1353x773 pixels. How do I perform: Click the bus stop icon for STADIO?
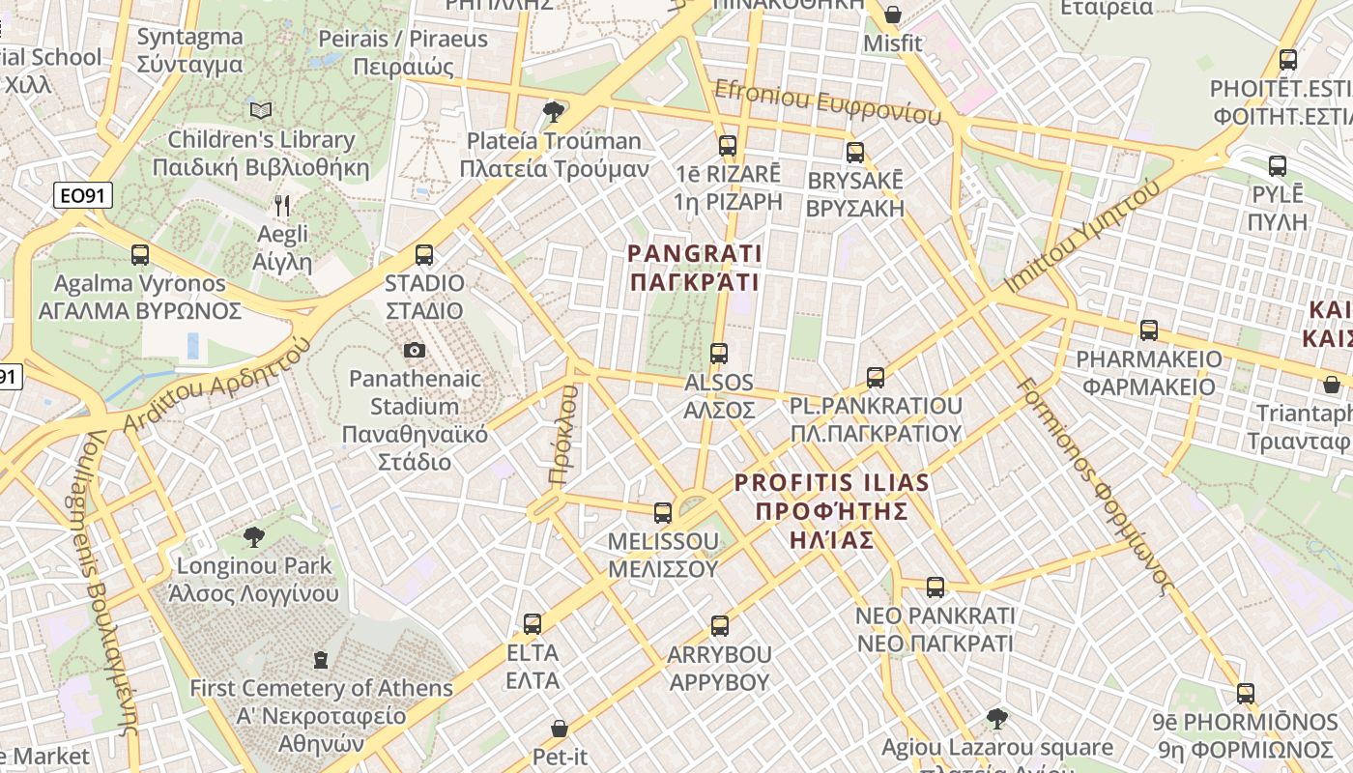click(x=424, y=255)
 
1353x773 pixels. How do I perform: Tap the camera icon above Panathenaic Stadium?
click(x=415, y=350)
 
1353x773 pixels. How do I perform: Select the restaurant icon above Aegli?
click(x=282, y=205)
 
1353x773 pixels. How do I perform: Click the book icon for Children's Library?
click(x=261, y=110)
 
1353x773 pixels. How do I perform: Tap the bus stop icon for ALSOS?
click(x=718, y=354)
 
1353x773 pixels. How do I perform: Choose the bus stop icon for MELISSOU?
click(x=663, y=513)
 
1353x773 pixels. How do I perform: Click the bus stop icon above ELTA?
click(x=533, y=624)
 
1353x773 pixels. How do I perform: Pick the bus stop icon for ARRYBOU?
click(x=720, y=626)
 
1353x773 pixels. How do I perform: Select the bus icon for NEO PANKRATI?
click(x=936, y=587)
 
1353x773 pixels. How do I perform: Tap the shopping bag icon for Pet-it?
click(x=560, y=729)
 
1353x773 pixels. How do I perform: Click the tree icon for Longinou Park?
click(x=254, y=536)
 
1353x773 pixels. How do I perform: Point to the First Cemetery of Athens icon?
click(x=321, y=660)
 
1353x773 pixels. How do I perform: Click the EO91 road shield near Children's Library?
click(x=82, y=196)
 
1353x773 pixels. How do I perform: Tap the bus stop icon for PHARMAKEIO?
click(x=1149, y=330)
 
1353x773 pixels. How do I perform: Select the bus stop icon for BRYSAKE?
click(x=855, y=153)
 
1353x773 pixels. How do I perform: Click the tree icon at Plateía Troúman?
click(x=554, y=112)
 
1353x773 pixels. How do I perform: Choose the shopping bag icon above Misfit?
click(x=893, y=14)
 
